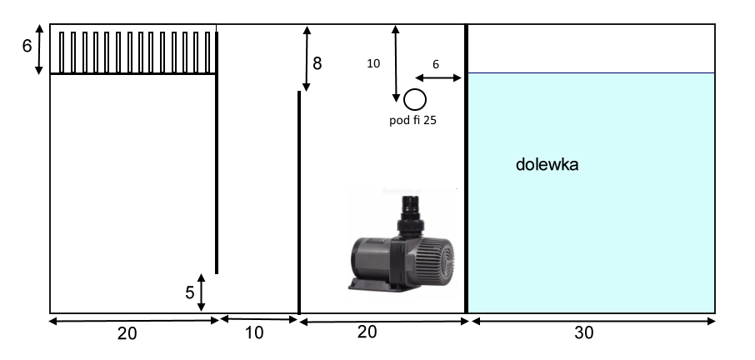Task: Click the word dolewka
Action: tap(547, 165)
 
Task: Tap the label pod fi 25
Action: tap(413, 120)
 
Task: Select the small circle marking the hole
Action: tap(414, 100)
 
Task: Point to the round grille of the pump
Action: tap(438, 255)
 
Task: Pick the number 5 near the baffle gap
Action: tap(189, 292)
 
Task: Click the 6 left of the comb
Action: tap(27, 46)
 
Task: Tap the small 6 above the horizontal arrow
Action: tap(437, 64)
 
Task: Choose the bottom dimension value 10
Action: tap(254, 333)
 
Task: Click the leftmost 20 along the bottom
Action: tap(127, 333)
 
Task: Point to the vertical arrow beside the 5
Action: tap(202, 292)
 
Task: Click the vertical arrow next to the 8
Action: tap(307, 58)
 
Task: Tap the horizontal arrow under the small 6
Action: tap(438, 77)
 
